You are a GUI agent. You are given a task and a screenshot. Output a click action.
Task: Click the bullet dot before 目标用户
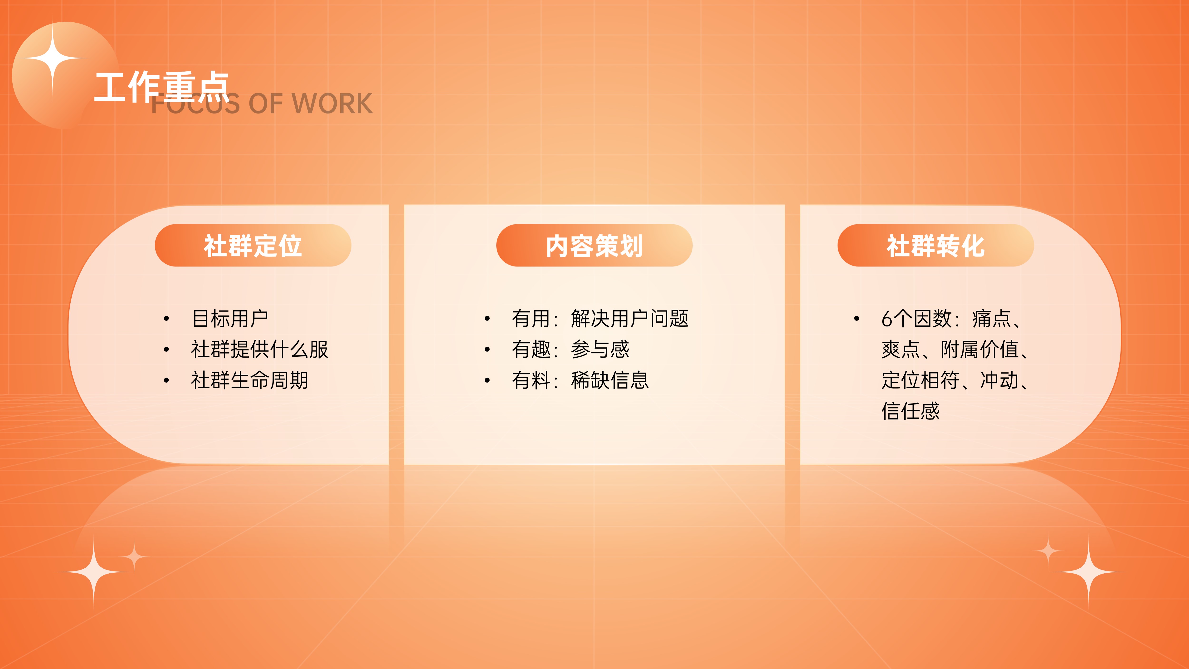[x=166, y=319]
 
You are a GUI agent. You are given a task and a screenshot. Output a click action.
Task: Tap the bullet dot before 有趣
[x=487, y=349]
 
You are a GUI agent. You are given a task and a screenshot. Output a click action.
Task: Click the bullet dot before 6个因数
[x=857, y=319]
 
